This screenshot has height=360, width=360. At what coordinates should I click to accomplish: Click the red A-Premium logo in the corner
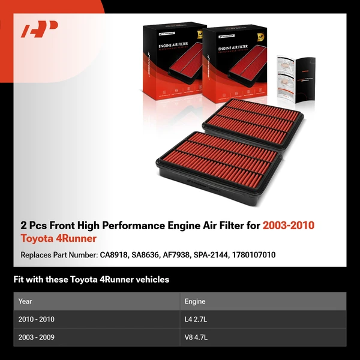point(40,29)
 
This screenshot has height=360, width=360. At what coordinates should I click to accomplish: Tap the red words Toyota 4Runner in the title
point(58,239)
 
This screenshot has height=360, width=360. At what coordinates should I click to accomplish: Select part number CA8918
point(114,255)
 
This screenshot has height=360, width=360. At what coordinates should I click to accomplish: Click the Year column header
point(25,301)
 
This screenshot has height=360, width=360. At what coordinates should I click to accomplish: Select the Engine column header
point(195,301)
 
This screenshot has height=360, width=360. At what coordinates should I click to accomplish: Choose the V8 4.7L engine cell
point(197,337)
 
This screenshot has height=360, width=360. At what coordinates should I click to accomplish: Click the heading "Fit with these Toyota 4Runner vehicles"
point(91,280)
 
